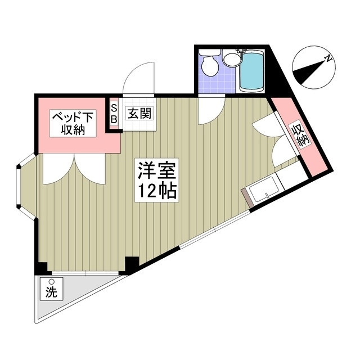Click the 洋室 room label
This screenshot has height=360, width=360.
point(155,170)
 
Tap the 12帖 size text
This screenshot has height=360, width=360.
point(155,191)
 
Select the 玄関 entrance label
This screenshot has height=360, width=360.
point(138,113)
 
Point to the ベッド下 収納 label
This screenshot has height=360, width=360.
point(73,124)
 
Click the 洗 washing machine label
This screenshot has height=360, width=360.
point(51,292)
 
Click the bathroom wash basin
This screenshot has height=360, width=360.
point(230,58)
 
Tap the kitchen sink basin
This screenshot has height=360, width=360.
point(261,190)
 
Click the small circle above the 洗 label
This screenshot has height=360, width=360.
point(51,281)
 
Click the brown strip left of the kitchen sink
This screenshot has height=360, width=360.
point(246,198)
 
